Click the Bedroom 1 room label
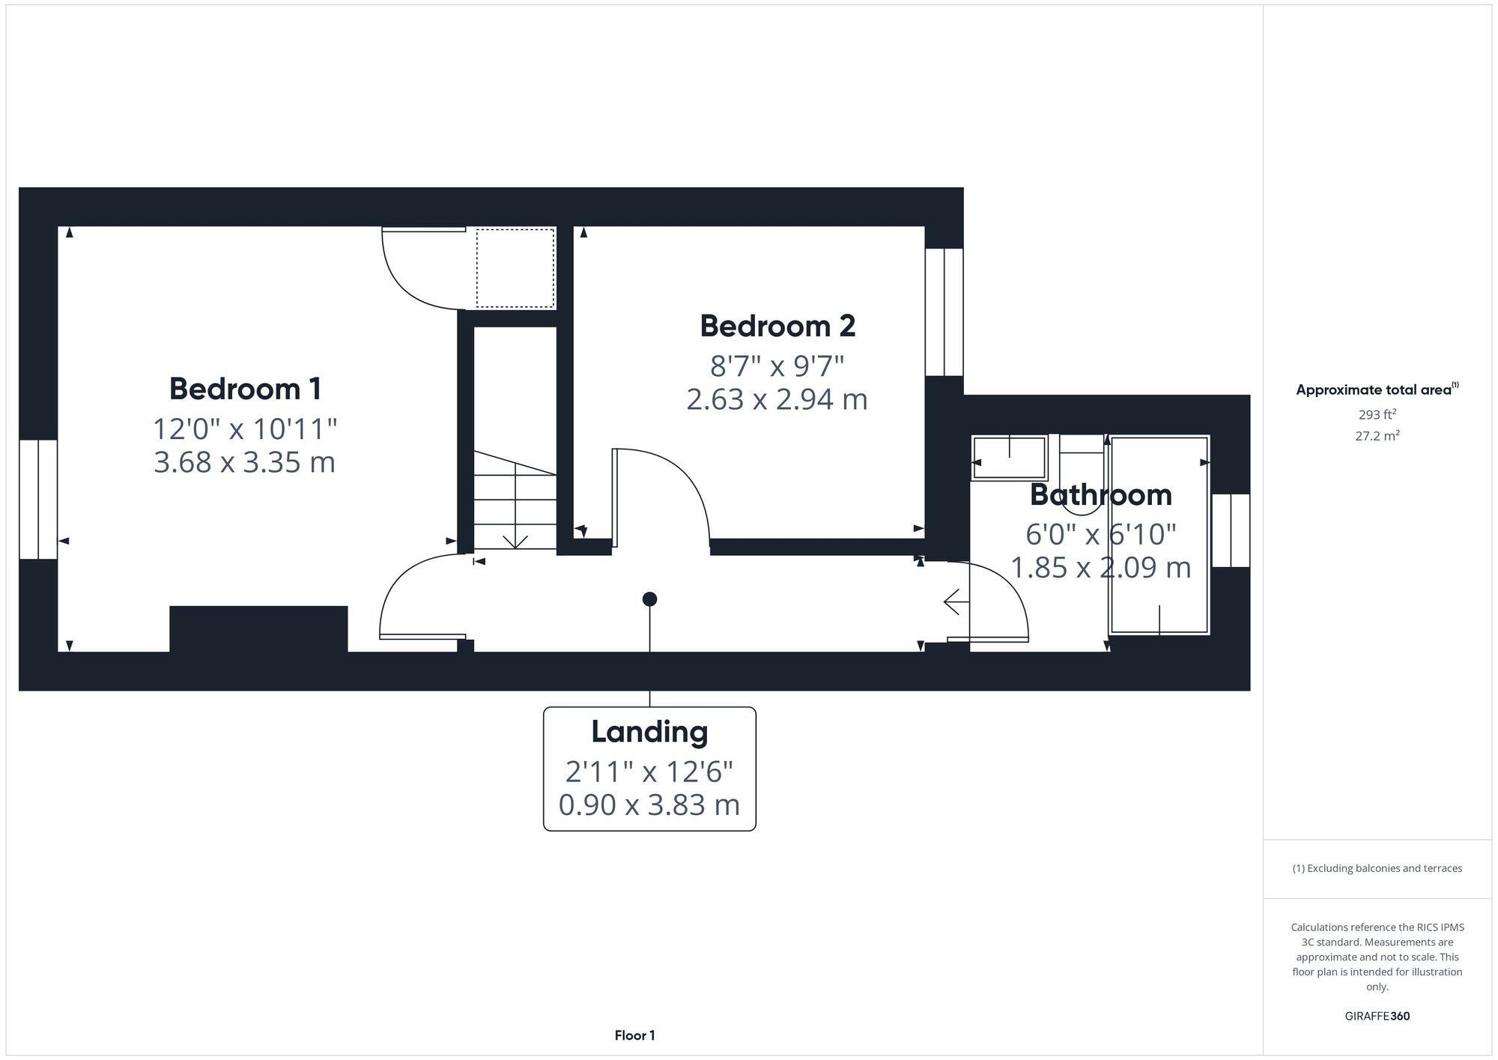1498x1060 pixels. [x=245, y=389]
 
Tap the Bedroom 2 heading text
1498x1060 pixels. [x=777, y=326]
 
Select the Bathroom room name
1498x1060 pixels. [x=1100, y=494]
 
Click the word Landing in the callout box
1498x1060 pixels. [x=649, y=732]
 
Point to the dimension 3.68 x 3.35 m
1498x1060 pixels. [x=244, y=462]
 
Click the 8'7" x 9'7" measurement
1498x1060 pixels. [x=777, y=366]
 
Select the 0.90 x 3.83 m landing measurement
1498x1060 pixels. [x=649, y=805]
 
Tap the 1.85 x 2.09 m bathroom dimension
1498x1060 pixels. [x=1100, y=568]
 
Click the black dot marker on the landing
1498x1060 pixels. [x=649, y=599]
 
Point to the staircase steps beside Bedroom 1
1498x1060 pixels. [x=515, y=502]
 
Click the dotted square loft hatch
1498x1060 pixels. [x=515, y=268]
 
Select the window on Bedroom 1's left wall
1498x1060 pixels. [x=38, y=499]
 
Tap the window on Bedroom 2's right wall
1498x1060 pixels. [x=944, y=312]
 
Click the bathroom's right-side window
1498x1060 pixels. [x=1231, y=530]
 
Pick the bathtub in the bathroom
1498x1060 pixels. [x=1159, y=535]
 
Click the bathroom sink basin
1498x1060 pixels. [x=1009, y=457]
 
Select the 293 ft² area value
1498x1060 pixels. [x=1377, y=414]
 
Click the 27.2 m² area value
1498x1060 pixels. [x=1377, y=435]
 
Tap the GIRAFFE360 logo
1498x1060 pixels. [x=1377, y=1017]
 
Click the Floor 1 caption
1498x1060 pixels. [x=634, y=1035]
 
